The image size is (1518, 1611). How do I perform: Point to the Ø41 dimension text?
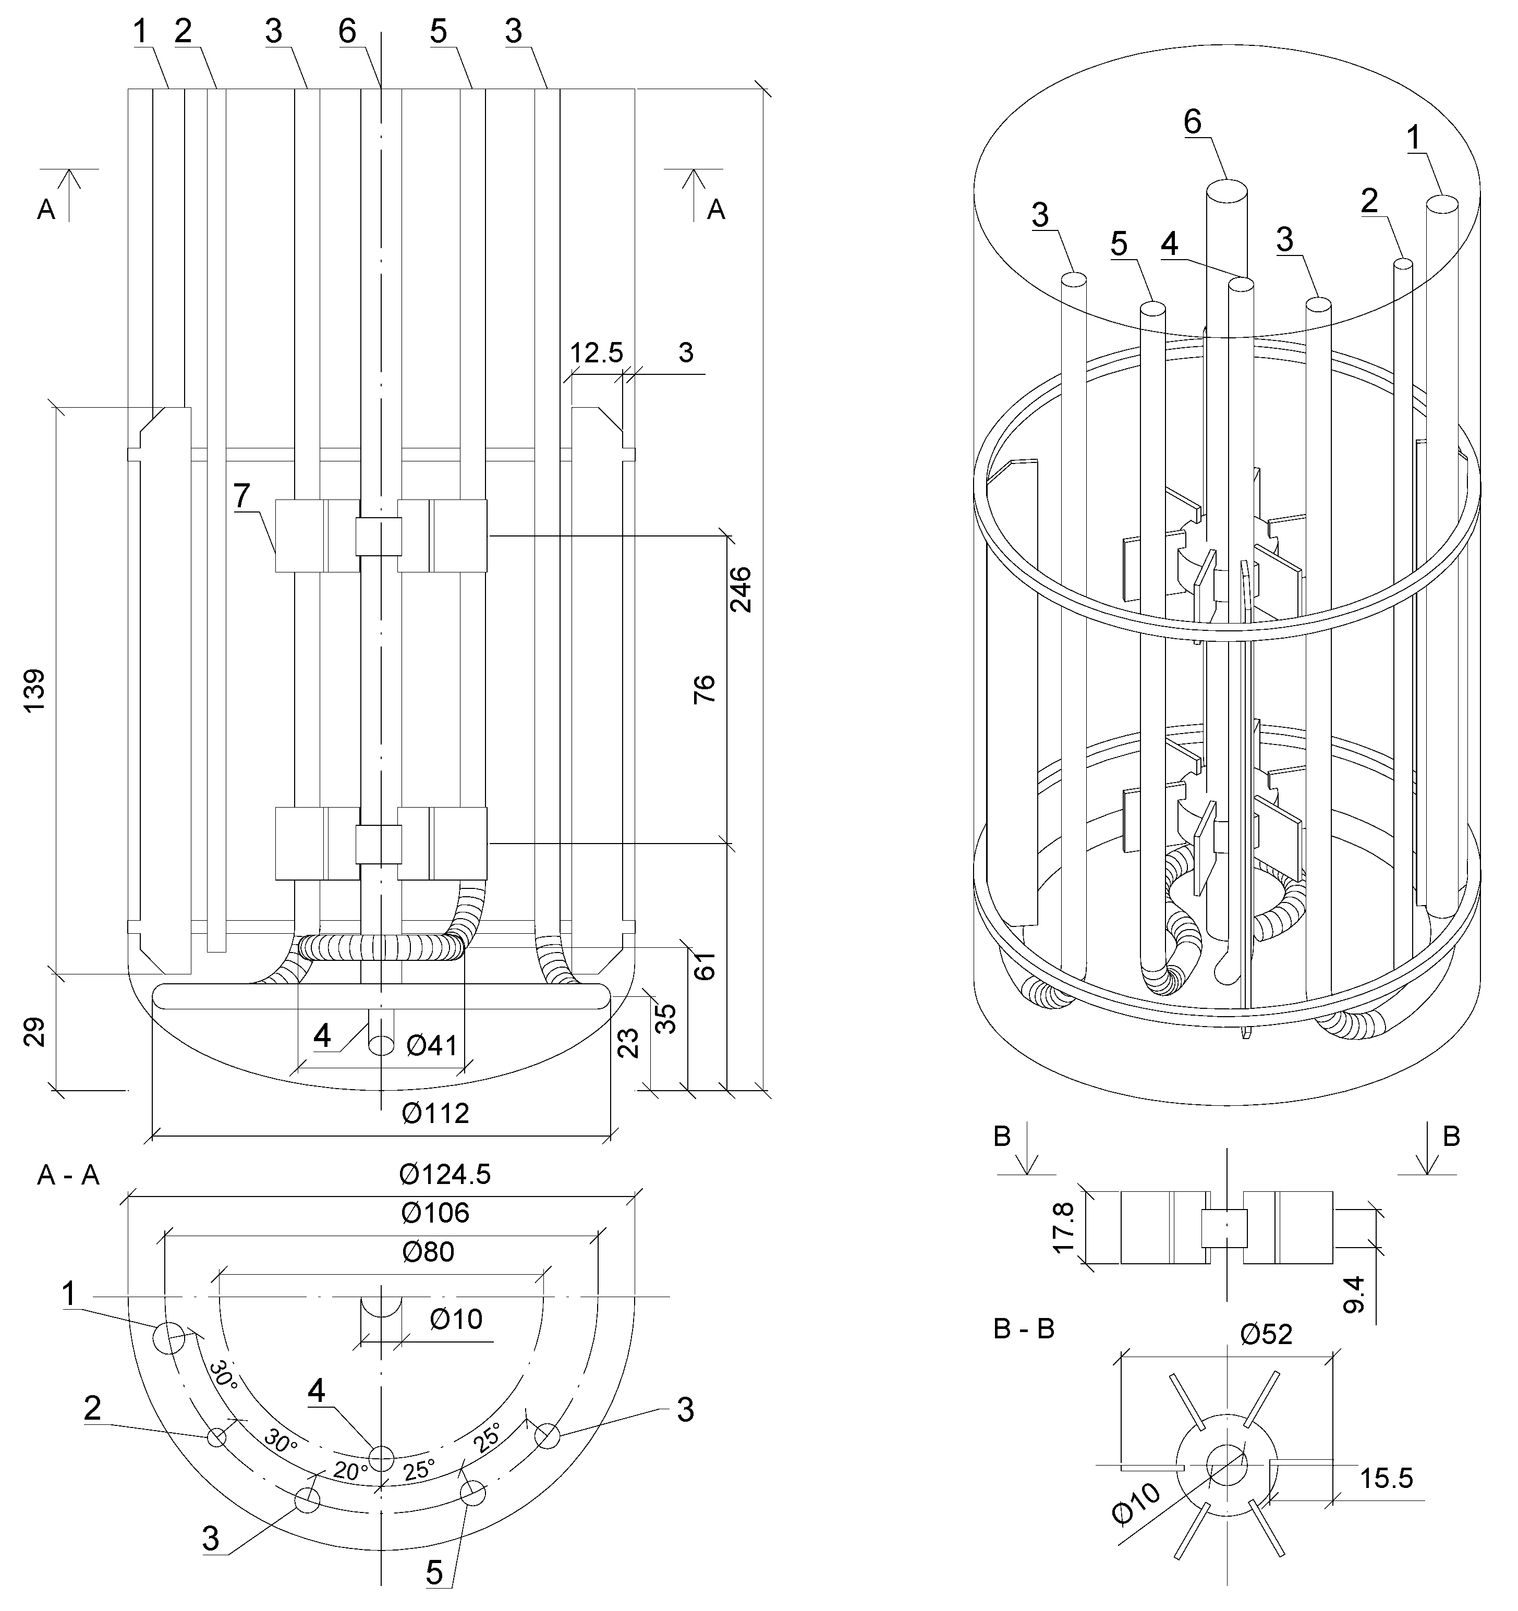432,1045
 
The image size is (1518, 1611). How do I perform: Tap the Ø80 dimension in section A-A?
428,1252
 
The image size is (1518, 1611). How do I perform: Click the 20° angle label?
350,1471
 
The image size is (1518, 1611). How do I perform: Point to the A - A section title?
68,1176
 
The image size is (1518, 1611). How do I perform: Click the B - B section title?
1024,1330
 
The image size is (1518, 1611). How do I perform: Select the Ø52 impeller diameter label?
1266,1334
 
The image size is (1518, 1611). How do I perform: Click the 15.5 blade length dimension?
1386,1478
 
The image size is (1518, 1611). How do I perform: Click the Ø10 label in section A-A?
456,1319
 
